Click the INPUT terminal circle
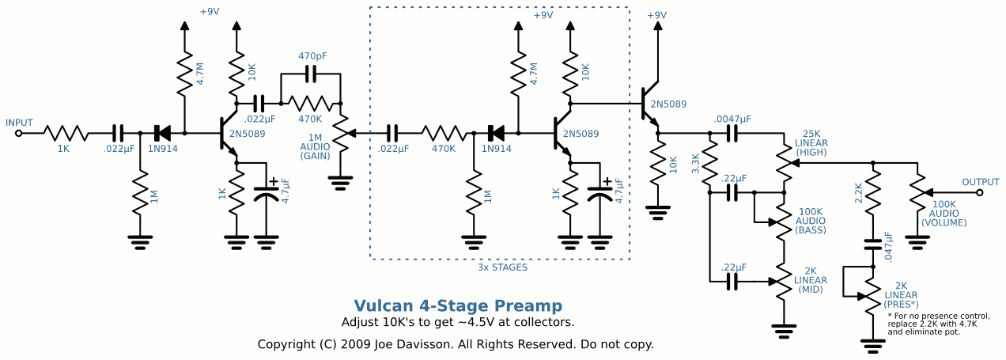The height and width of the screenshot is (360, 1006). [x=18, y=133]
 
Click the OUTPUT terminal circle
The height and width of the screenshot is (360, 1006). [x=980, y=192]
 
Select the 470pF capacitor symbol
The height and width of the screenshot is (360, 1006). [x=310, y=74]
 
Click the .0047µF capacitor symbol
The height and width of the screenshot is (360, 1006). [x=732, y=133]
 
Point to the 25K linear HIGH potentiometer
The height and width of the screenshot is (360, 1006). [x=785, y=162]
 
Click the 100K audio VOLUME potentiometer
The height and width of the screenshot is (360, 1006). [x=917, y=192]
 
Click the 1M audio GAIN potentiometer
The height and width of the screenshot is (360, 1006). [x=341, y=133]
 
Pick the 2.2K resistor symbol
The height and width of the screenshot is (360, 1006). [x=873, y=195]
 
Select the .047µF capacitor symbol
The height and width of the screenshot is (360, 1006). [x=873, y=244]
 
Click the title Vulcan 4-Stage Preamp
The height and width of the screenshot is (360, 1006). [x=458, y=306]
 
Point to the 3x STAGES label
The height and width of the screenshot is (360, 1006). [x=501, y=267]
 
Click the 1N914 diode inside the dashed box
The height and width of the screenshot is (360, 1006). [x=497, y=133]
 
